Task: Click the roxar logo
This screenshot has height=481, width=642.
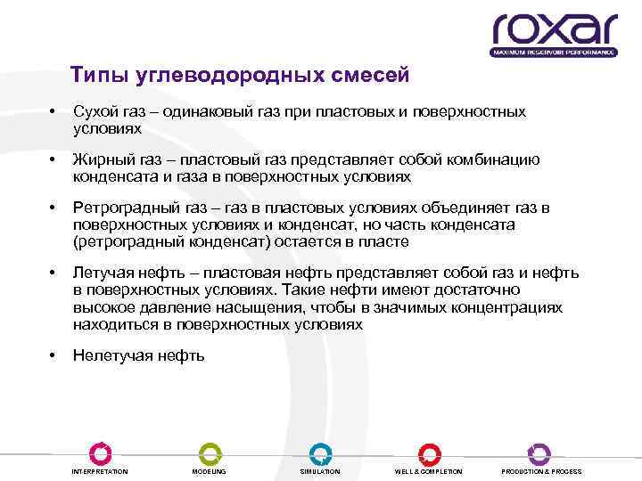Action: (554, 34)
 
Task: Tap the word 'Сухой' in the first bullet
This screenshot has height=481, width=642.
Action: (92, 112)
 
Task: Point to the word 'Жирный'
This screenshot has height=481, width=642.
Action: (99, 160)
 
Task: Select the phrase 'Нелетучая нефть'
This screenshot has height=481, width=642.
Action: (138, 355)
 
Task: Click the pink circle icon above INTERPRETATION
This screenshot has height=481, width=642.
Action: (100, 452)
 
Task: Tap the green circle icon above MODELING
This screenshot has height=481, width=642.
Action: (210, 452)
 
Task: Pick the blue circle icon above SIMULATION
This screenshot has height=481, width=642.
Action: (320, 452)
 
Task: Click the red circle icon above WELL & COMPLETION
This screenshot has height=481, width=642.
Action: (429, 452)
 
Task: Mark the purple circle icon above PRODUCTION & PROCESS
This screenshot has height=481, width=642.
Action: (539, 452)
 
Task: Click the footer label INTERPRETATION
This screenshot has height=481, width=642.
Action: (100, 471)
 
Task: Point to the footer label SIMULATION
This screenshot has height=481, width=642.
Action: (320, 471)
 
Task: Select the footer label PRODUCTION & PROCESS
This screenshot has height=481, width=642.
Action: (541, 471)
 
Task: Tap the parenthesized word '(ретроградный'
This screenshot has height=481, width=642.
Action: (122, 241)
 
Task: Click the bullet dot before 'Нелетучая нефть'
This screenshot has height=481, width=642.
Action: (53, 355)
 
